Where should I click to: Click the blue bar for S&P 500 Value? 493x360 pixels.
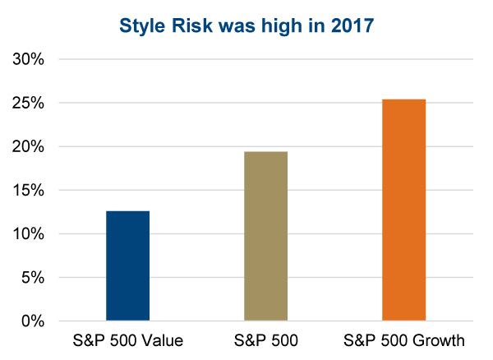tap(128, 265)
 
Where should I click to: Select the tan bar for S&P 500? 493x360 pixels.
tap(266, 236)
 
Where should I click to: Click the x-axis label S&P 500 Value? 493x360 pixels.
tap(128, 340)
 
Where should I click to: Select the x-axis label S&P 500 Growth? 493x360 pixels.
tap(404, 340)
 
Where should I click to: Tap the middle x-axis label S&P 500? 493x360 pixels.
tap(266, 340)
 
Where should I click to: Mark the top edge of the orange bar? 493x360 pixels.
tap(404, 99)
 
